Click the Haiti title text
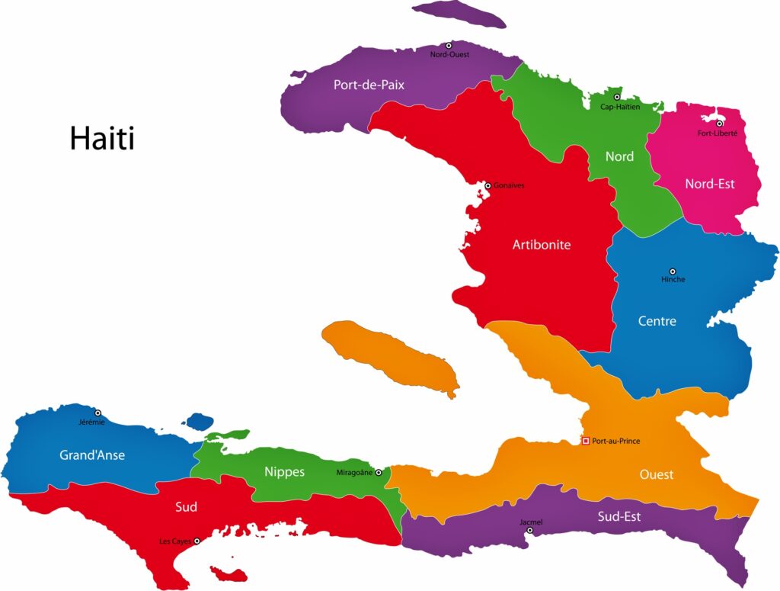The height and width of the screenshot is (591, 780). click(x=102, y=139)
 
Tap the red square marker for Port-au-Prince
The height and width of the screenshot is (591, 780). click(x=585, y=441)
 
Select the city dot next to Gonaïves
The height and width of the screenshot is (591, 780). click(x=488, y=185)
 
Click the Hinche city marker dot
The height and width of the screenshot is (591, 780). click(x=672, y=271)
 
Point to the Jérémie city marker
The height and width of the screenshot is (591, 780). click(x=97, y=413)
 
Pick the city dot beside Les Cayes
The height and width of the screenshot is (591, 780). click(x=197, y=541)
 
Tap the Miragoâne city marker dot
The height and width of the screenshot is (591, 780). click(x=379, y=473)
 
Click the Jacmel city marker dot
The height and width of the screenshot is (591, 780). click(x=530, y=530)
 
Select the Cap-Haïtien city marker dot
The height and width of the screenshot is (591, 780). click(x=617, y=98)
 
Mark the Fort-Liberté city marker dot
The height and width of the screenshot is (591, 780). click(x=719, y=123)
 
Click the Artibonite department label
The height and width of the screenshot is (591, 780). click(x=542, y=245)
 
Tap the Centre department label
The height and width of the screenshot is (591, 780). click(x=657, y=321)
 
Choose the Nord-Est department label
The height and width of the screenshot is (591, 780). click(x=709, y=184)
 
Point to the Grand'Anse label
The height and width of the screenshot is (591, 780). click(x=92, y=455)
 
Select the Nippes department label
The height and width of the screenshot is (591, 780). click(x=284, y=472)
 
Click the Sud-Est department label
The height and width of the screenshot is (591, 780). click(x=619, y=516)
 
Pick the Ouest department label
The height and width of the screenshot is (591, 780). click(x=656, y=474)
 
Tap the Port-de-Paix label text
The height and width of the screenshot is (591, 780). click(x=369, y=85)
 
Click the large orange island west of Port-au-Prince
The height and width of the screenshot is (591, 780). click(x=388, y=355)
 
